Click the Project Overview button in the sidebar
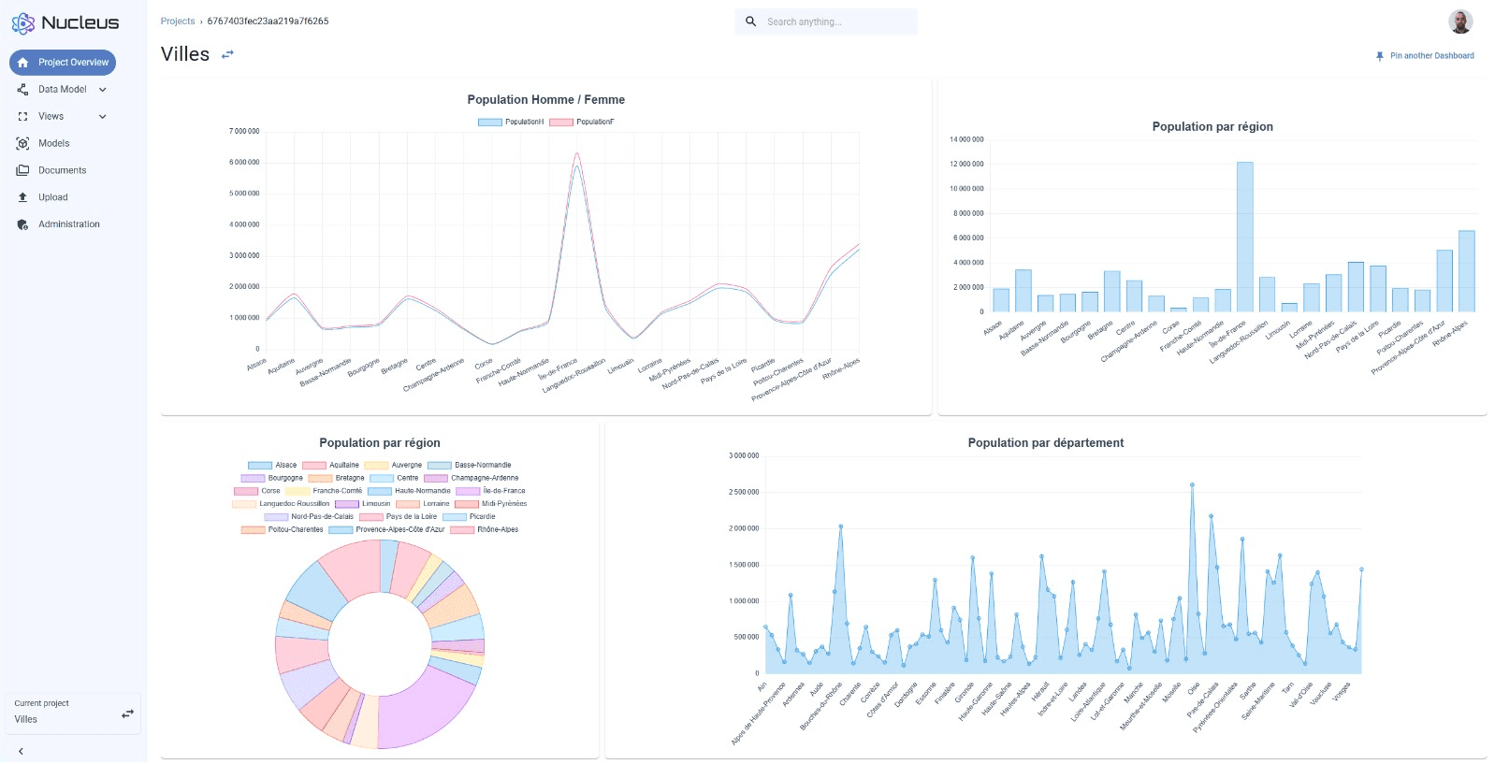pyautogui.click(x=63, y=63)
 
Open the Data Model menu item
pyautogui.click(x=62, y=90)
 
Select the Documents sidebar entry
pyautogui.click(x=62, y=170)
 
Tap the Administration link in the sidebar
pyautogui.click(x=68, y=224)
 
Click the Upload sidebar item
pyautogui.click(x=52, y=197)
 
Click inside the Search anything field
pyautogui.click(x=833, y=22)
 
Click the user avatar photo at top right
pyautogui.click(x=1459, y=22)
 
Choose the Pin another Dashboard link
pyautogui.click(x=1430, y=56)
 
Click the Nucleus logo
pyautogui.click(x=65, y=22)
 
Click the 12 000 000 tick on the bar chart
pyautogui.click(x=966, y=164)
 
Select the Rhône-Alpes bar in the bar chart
pyautogui.click(x=1466, y=271)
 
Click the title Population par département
pyautogui.click(x=1045, y=443)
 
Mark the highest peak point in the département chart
pyautogui.click(x=1192, y=484)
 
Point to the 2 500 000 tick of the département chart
pyautogui.click(x=744, y=492)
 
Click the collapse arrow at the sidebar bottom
pyautogui.click(x=21, y=751)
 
